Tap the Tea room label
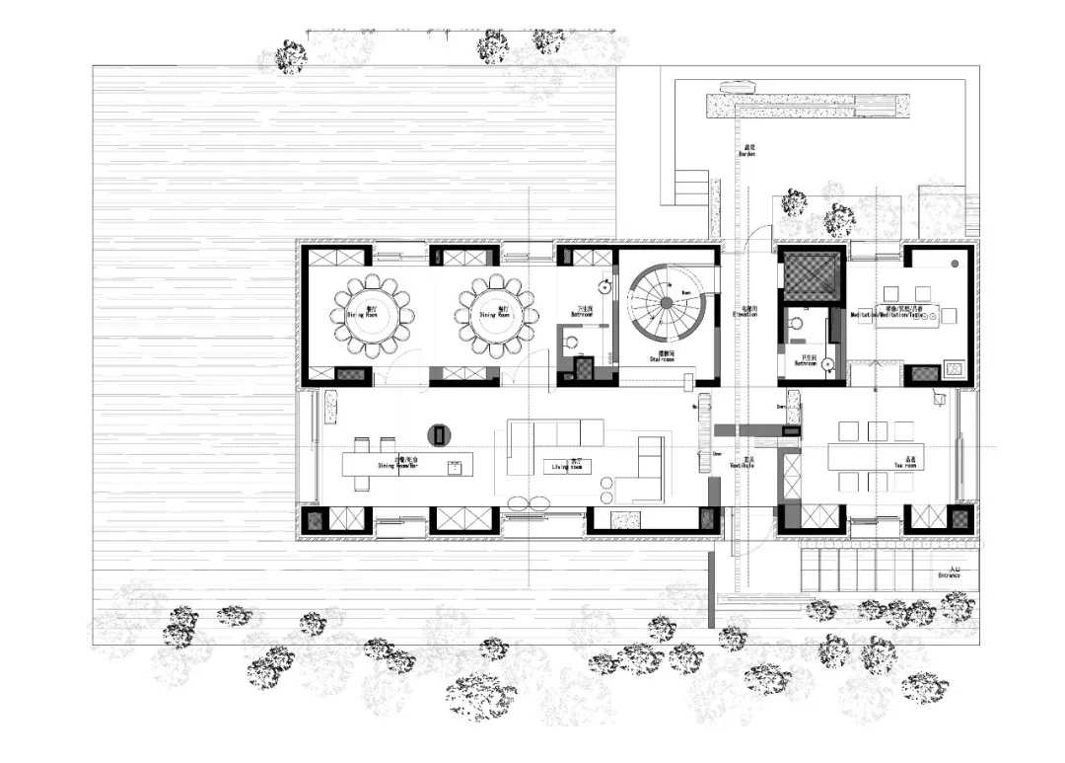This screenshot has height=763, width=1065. click(905, 462)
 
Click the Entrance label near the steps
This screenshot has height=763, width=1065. click(950, 573)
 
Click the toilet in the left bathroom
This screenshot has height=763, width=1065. click(570, 343)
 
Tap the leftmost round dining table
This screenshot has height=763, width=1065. click(374, 316)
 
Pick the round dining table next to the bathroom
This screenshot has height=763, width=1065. click(497, 316)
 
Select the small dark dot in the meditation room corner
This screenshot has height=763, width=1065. click(954, 266)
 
